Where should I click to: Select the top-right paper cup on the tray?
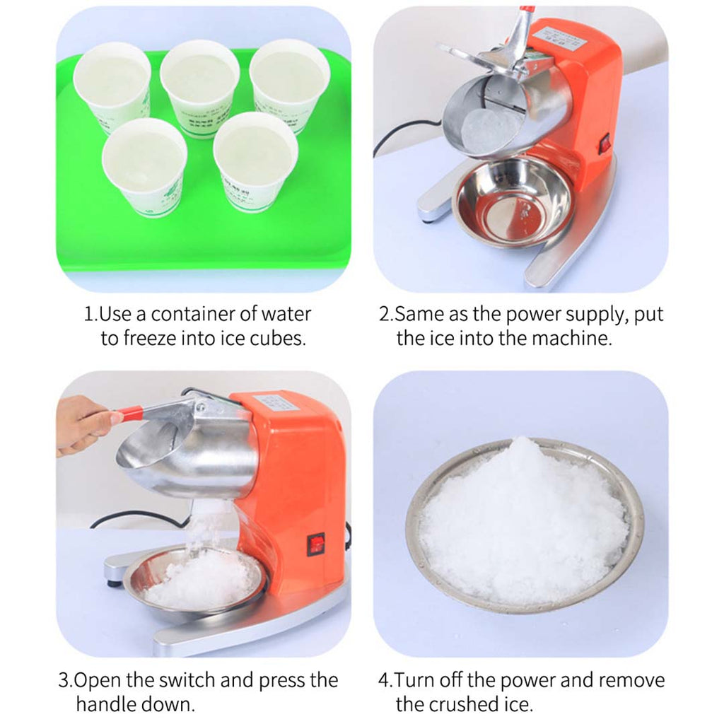tap(289, 83)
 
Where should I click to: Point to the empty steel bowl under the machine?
tap(513, 202)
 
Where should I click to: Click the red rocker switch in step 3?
tap(315, 545)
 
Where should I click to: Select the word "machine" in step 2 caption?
tap(571, 338)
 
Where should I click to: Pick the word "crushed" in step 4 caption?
tap(469, 704)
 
